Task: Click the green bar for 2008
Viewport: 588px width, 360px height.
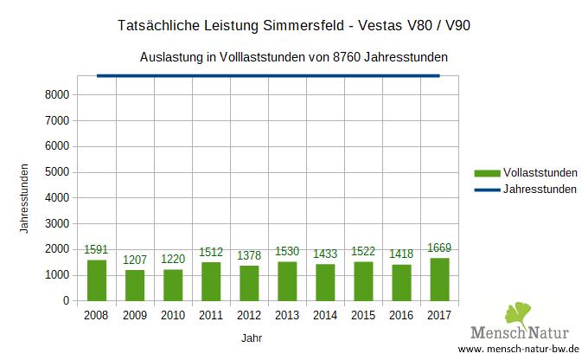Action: tap(97, 280)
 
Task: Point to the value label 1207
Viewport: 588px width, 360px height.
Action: tap(135, 260)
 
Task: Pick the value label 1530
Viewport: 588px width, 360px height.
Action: tap(288, 251)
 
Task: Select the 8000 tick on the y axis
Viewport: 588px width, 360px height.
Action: tap(57, 93)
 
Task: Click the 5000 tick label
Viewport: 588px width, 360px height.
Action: tap(57, 171)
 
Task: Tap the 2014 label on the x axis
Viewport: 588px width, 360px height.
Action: tap(326, 317)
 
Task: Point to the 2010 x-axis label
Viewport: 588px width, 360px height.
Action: tap(173, 317)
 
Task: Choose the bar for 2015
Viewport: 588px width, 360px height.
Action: tap(364, 281)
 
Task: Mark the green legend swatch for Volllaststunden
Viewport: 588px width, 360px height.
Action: tap(487, 172)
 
